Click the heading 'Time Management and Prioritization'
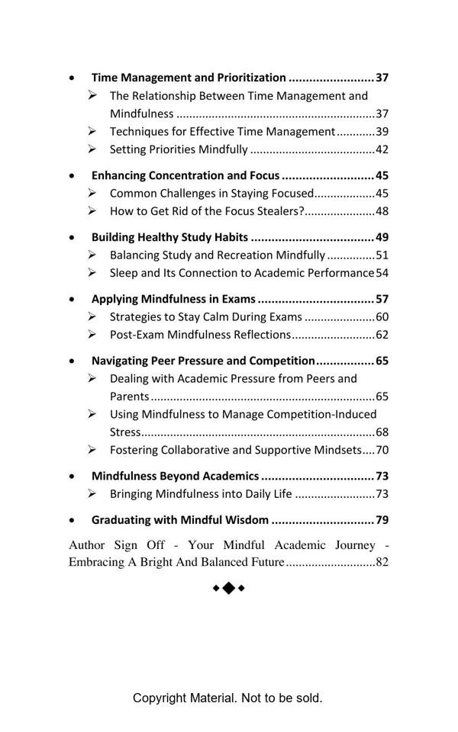point(189,78)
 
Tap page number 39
point(382,131)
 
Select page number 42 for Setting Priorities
point(382,149)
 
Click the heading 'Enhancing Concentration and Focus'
point(185,175)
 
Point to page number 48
point(382,211)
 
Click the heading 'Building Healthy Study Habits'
point(169,237)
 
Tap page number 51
point(382,255)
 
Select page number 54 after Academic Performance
point(382,273)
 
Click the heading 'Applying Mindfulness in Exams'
point(173,299)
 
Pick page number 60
point(382,316)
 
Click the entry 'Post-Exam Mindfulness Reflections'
point(200,335)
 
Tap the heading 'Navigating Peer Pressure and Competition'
point(203,361)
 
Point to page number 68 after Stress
point(382,432)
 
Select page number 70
point(382,450)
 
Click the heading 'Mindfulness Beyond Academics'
point(175,476)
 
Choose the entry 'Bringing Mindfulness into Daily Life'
point(201,494)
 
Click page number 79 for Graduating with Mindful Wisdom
point(382,520)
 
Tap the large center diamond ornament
point(228,588)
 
